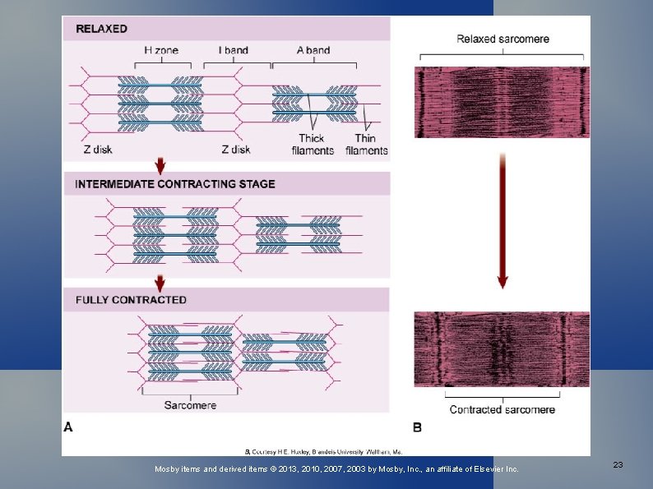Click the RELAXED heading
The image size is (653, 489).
tap(101, 29)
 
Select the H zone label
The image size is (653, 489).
tap(160, 50)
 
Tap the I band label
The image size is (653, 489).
tap(234, 50)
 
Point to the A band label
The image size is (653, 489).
tap(313, 50)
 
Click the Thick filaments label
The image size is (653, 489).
tap(312, 144)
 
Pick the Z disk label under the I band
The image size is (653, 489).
tap(235, 150)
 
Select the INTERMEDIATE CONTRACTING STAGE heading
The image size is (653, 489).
tap(175, 184)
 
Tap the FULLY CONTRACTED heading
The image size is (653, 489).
tap(131, 300)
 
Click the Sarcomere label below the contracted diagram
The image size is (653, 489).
tap(190, 404)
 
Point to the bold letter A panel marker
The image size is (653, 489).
tap(68, 427)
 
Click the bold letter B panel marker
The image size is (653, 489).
tap(417, 427)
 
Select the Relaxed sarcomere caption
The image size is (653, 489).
tap(502, 39)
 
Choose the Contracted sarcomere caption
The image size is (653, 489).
tap(502, 409)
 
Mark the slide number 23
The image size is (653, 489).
tap(618, 465)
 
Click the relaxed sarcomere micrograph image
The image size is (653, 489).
tap(502, 102)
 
